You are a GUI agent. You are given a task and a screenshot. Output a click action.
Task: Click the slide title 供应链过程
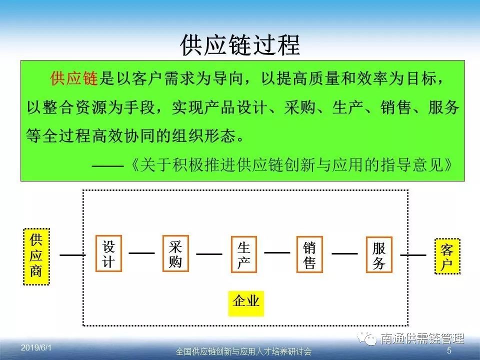pos(240,45)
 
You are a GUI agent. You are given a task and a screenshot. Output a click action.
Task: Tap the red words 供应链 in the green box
pos(74,78)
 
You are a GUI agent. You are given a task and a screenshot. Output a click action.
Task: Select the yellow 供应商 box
pos(36,256)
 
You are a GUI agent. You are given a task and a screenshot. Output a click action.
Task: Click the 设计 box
pos(108,253)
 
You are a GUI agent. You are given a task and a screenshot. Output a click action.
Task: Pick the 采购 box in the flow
pos(175,253)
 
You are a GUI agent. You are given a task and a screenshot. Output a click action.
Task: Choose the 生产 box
pos(243,254)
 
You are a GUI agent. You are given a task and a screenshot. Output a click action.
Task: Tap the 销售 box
pos(309,254)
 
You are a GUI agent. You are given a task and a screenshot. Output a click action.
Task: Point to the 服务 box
pos(379,254)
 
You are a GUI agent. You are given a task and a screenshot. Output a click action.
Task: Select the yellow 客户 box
pos(447,256)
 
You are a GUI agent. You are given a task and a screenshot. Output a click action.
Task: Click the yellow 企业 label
pos(246,303)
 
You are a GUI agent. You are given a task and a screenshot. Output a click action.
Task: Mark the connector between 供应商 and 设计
pos(72,255)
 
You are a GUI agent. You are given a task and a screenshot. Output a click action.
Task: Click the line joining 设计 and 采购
pos(141,253)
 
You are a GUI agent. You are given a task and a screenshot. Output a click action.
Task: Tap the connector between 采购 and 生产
pos(209,254)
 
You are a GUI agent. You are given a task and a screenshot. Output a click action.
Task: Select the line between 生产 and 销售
pos(277,253)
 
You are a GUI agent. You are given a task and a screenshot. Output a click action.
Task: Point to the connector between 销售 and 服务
pos(344,253)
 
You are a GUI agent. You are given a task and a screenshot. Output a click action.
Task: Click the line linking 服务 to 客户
pos(413,255)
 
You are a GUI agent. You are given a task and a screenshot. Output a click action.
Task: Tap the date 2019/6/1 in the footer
pos(36,348)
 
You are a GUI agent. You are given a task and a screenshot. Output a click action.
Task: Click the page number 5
pos(449,350)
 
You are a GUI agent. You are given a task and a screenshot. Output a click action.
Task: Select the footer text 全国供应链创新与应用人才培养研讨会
pos(243,351)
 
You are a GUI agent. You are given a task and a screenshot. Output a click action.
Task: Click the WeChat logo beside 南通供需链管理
pos(367,338)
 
